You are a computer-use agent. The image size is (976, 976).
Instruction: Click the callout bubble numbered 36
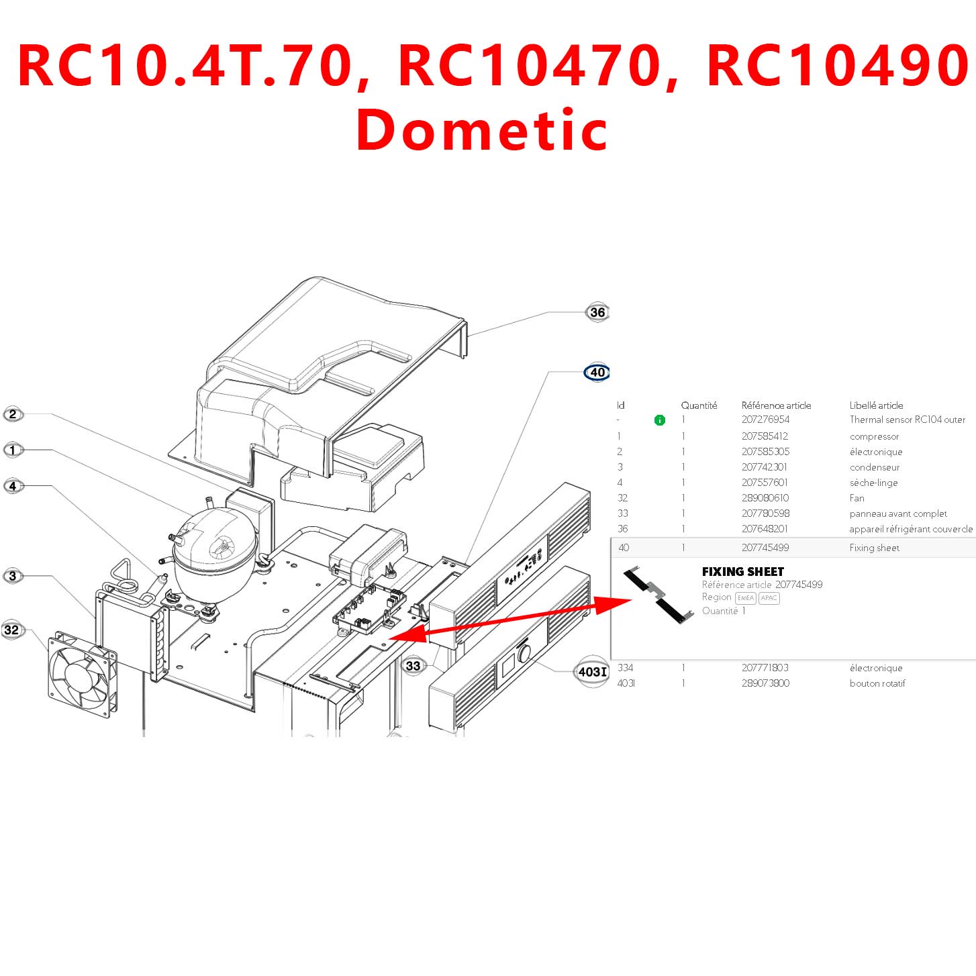click(x=597, y=312)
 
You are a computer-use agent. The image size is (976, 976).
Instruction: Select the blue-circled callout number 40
click(x=597, y=372)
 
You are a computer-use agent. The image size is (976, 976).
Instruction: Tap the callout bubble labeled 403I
click(x=592, y=671)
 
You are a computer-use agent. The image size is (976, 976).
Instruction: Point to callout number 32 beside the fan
click(x=12, y=630)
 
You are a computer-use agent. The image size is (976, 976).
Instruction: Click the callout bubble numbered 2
click(x=13, y=414)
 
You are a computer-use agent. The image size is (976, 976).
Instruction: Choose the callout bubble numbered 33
click(x=413, y=665)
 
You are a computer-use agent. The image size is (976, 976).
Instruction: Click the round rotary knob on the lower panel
click(x=524, y=653)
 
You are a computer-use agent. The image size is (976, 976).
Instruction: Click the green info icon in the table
click(x=659, y=420)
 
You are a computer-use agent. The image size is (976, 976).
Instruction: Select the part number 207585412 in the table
click(x=765, y=436)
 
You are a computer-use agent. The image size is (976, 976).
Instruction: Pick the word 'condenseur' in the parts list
click(x=874, y=467)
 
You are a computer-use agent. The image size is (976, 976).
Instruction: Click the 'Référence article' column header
click(x=776, y=405)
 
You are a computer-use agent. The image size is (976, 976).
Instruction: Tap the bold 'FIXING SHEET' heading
click(x=742, y=572)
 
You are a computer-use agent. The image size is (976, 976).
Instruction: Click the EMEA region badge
click(x=745, y=598)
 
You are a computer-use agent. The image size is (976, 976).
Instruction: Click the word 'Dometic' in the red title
click(x=481, y=130)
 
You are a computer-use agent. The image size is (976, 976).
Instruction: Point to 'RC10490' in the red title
click(x=837, y=65)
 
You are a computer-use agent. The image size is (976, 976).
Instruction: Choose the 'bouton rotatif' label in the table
click(x=877, y=683)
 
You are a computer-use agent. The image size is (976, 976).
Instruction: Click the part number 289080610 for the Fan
click(x=765, y=498)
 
